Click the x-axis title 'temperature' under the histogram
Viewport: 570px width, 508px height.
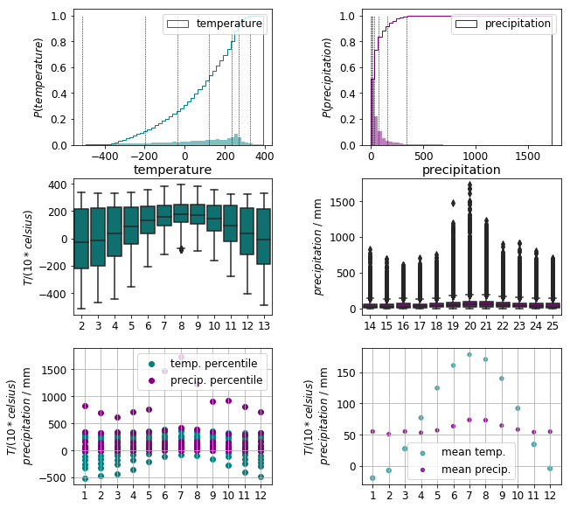(x=172, y=170)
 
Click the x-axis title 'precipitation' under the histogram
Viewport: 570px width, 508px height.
(x=461, y=170)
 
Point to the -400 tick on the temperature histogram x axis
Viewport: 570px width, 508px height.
(x=109, y=156)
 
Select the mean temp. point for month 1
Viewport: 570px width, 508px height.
(x=372, y=478)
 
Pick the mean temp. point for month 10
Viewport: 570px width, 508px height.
(x=518, y=408)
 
